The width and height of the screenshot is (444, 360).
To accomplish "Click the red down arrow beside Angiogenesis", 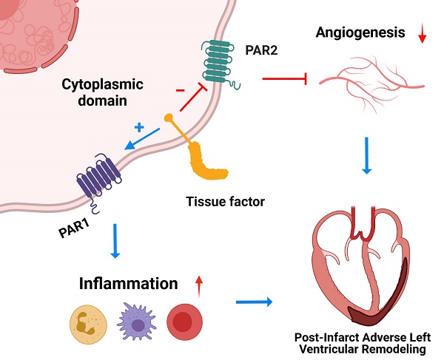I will pos(423,35).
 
